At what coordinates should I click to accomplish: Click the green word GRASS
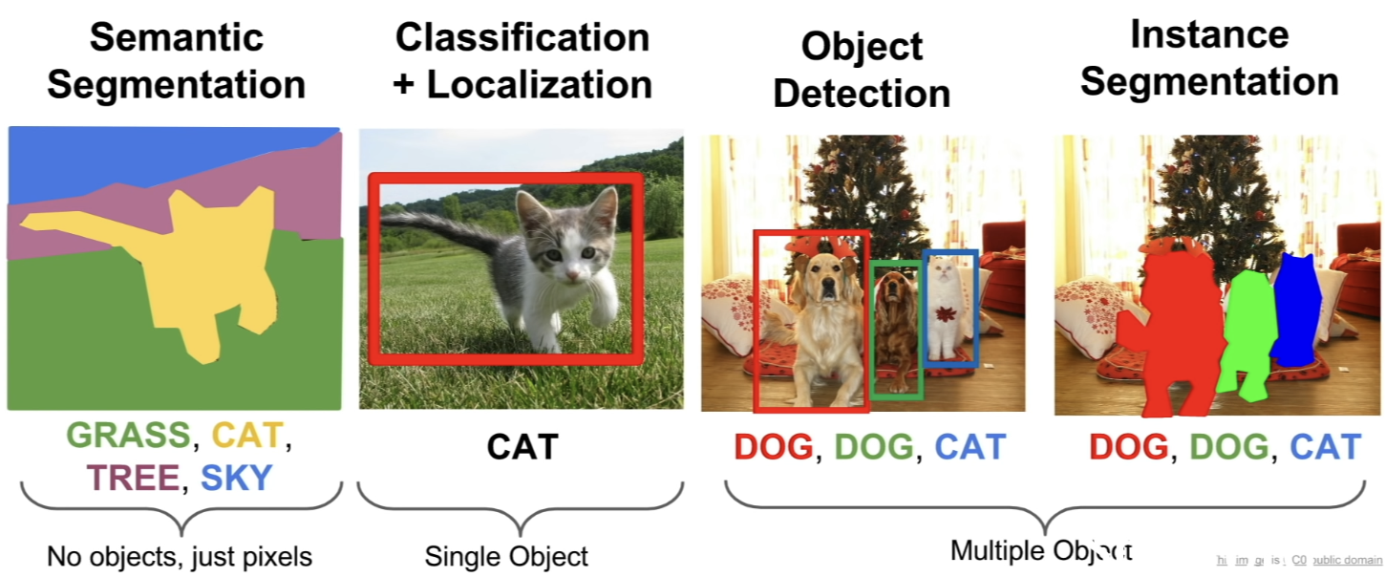click(x=128, y=437)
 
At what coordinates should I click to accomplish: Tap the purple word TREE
click(x=132, y=478)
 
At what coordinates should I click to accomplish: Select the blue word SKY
click(x=237, y=478)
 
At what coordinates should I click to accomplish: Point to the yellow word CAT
click(x=247, y=437)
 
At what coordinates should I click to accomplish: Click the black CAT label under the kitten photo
click(x=522, y=446)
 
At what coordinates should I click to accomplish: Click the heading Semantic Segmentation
click(x=176, y=61)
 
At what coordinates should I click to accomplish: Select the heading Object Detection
click(x=862, y=70)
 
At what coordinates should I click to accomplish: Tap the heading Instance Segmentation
click(x=1209, y=58)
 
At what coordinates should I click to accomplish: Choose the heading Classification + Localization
click(x=522, y=61)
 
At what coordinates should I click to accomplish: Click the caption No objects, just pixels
click(x=180, y=556)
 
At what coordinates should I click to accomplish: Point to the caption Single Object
click(x=506, y=556)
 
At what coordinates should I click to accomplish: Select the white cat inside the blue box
click(x=947, y=310)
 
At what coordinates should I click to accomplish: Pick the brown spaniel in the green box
click(x=896, y=325)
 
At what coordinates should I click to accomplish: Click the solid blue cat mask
click(x=1293, y=310)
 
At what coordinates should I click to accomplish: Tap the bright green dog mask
click(x=1246, y=334)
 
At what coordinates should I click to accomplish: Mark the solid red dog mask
click(x=1173, y=330)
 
